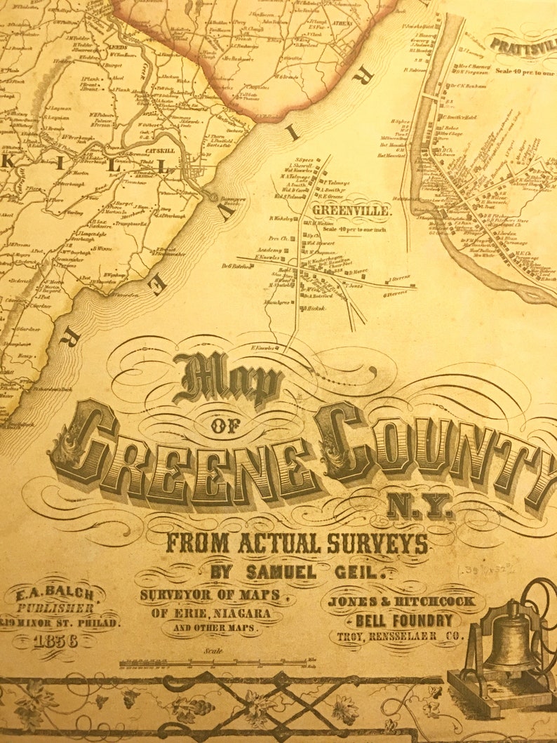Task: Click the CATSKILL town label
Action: coord(161,130)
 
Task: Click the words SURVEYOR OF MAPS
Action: coord(210,595)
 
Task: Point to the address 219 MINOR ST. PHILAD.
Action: coord(59,622)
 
